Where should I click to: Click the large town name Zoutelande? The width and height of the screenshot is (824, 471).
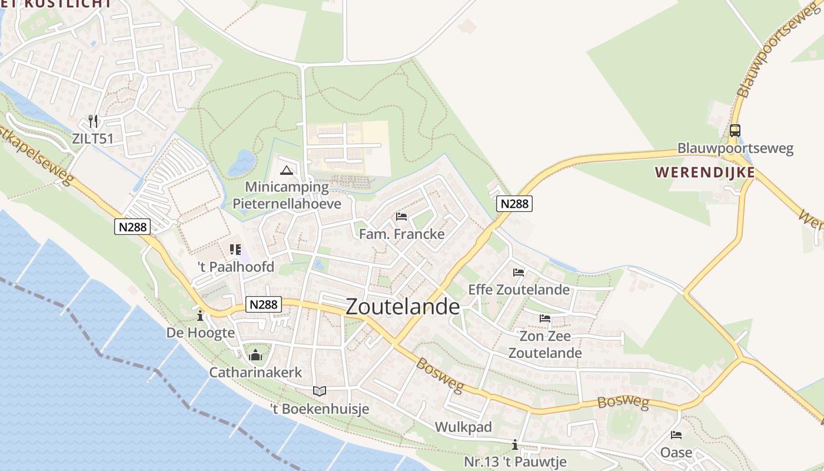[403, 307]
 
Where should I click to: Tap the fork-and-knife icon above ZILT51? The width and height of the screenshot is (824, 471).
[92, 121]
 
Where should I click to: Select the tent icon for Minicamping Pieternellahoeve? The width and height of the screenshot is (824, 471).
[287, 171]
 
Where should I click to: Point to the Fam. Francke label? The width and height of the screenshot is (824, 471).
[402, 234]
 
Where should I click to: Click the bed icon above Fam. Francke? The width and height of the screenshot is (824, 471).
[401, 217]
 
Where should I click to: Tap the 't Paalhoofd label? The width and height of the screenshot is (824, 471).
[235, 267]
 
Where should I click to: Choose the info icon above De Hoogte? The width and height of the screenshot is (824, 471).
[200, 316]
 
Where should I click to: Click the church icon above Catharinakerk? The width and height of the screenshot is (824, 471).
[255, 355]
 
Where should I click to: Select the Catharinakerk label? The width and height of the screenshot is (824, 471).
[255, 372]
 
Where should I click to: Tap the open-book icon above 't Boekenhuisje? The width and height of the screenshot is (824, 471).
[319, 391]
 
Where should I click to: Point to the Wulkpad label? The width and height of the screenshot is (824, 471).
[463, 427]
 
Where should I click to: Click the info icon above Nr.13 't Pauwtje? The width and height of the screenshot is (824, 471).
[515, 445]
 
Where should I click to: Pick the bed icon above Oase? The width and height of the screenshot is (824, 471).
[676, 435]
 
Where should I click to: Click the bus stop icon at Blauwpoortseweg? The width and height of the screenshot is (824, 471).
[735, 131]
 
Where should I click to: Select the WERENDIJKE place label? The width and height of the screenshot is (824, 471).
[705, 173]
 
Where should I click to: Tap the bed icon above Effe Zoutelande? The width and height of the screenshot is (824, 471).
[519, 273]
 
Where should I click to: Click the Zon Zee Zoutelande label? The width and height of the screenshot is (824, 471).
[545, 344]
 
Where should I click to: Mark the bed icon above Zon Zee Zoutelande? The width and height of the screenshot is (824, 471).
[545, 319]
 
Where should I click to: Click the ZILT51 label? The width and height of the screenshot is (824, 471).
[92, 139]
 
